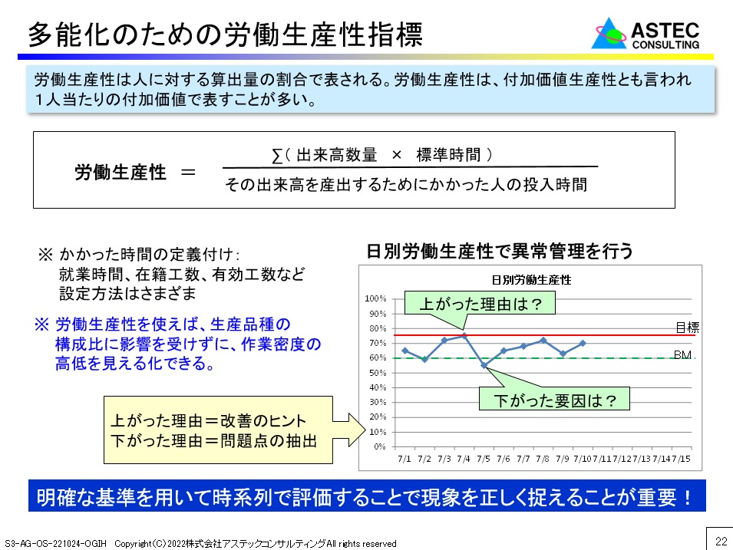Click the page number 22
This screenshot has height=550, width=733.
[721, 541]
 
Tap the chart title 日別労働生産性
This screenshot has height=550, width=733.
[531, 280]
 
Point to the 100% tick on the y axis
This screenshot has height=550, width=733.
[375, 298]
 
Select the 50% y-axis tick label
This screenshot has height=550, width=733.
[378, 373]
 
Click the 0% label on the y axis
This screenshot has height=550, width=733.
[380, 446]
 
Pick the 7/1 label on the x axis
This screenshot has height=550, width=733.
[404, 459]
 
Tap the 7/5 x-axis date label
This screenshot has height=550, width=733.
[484, 459]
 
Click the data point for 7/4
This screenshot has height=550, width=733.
[464, 335]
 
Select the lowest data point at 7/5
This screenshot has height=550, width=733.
[484, 365]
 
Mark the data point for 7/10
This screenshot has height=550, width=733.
[583, 344]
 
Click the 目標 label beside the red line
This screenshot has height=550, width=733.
[687, 327]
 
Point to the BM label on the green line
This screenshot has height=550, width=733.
[682, 355]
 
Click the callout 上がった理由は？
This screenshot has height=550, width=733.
[480, 304]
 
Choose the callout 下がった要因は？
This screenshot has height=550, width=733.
[554, 400]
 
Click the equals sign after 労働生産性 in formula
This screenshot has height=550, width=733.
[188, 173]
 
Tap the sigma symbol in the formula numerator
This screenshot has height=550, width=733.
[277, 156]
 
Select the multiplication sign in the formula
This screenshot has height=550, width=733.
[396, 155]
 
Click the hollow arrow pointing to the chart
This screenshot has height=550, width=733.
[349, 430]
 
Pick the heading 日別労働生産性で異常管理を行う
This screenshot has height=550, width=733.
[500, 252]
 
